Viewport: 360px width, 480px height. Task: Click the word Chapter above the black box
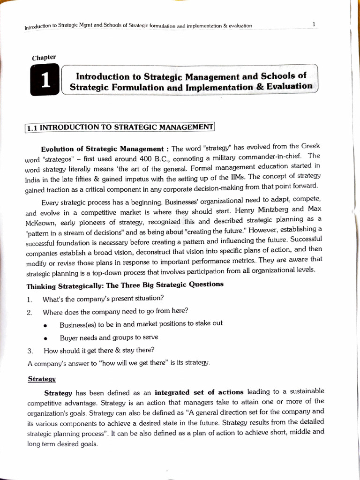(44, 58)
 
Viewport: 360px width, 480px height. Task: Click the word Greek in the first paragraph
(309, 146)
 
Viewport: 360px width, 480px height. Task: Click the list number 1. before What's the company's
(29, 299)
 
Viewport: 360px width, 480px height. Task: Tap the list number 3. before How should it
(30, 350)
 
